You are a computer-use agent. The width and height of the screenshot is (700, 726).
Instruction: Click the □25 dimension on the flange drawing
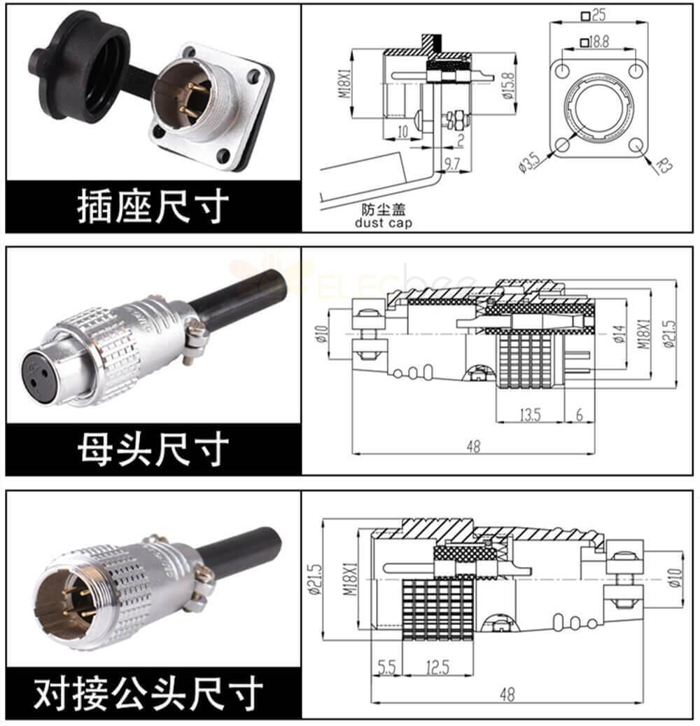pos(593,15)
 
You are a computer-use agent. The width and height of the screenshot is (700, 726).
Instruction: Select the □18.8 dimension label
pos(594,42)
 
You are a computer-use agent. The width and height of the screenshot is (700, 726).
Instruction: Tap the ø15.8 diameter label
pos(507,85)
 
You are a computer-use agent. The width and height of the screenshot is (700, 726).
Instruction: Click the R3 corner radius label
pos(664,165)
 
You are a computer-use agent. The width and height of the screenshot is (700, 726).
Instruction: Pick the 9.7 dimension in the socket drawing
pos(451,163)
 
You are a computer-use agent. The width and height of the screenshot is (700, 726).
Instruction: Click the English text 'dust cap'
pos(384,223)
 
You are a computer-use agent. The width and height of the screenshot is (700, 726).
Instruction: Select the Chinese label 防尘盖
pos(384,210)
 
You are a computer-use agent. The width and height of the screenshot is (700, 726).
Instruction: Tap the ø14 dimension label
pos(619,334)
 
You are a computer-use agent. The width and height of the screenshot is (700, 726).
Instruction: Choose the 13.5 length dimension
pos(530,414)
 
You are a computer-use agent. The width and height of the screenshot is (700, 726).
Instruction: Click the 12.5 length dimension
pos(437,666)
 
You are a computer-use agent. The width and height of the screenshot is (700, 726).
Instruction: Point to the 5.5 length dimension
pos(386,666)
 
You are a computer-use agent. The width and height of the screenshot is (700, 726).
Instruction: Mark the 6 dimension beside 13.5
pos(580,414)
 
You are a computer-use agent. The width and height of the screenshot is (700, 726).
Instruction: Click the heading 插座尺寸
pos(153,206)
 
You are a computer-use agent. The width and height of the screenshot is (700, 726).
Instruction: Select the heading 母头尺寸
pos(153,448)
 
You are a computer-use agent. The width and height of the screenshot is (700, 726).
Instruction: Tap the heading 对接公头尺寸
pos(148,693)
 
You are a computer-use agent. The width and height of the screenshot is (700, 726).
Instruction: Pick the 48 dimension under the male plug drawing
pos(507,694)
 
